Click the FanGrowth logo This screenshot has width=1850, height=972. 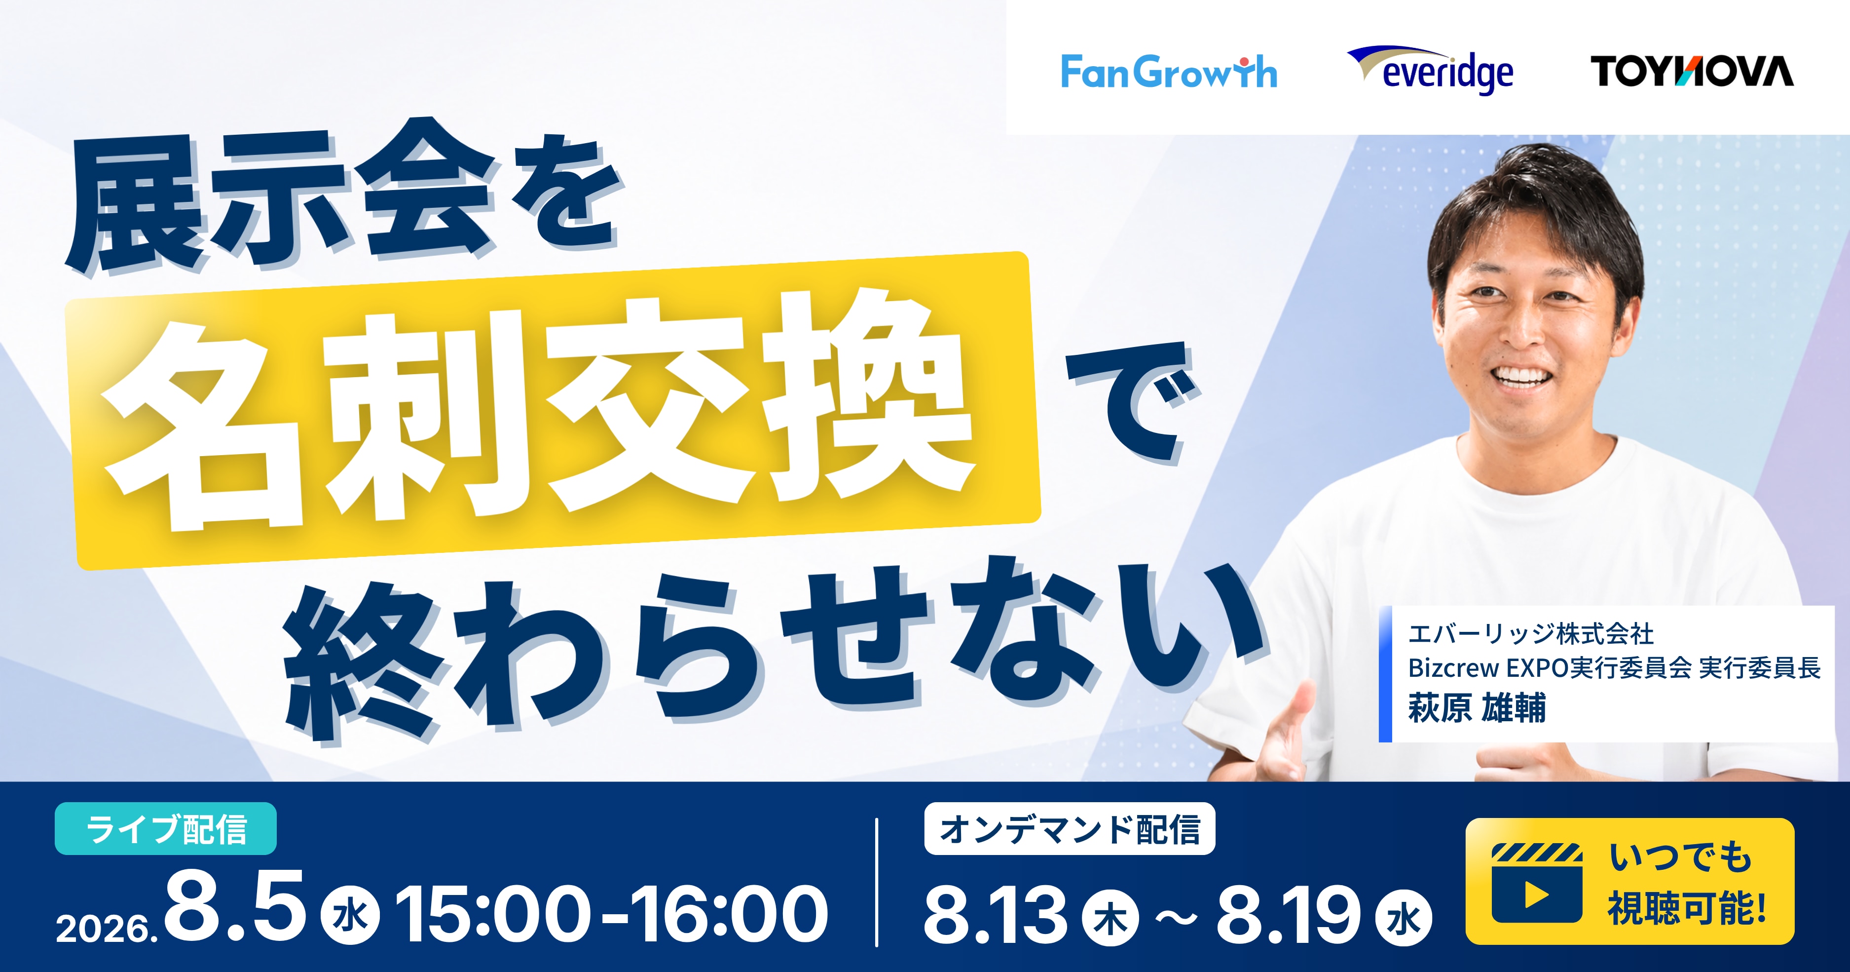(1168, 72)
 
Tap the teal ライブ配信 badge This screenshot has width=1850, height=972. (166, 828)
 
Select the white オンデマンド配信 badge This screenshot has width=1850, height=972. (1070, 828)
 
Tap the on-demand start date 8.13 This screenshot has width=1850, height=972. (996, 913)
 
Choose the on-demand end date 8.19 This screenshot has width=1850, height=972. (1289, 913)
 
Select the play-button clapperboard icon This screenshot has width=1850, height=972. (1537, 883)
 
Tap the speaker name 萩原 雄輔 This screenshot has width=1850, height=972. (1477, 707)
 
